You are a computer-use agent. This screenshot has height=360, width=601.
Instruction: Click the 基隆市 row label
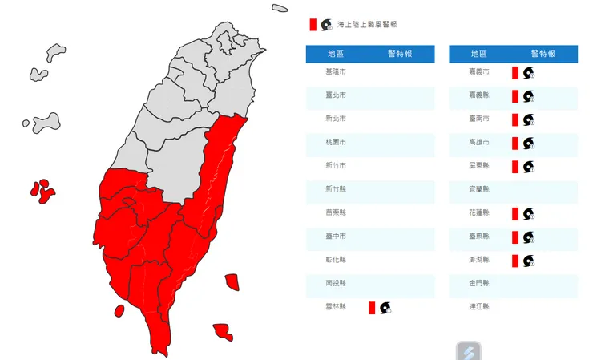[x=337, y=71]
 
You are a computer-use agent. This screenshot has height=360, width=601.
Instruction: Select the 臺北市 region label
[x=337, y=95]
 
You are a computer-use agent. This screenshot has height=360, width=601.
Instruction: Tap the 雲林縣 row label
[x=337, y=307]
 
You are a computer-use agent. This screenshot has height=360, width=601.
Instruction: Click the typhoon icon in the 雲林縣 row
[x=385, y=307]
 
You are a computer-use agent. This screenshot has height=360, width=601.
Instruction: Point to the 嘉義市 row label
[x=478, y=71]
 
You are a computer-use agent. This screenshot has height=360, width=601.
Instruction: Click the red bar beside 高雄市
[x=515, y=143]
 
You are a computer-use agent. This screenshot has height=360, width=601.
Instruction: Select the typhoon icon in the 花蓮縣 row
[x=528, y=213]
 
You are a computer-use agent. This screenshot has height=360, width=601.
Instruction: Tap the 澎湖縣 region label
[x=478, y=261]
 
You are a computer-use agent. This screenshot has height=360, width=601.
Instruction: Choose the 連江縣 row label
[x=478, y=307]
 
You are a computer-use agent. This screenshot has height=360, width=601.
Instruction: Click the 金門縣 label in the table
[x=478, y=284]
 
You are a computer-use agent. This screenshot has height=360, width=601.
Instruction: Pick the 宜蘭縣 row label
[x=478, y=189]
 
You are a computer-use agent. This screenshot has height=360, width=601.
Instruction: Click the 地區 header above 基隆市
[x=337, y=53]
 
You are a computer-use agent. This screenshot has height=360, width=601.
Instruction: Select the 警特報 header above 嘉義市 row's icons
[x=543, y=53]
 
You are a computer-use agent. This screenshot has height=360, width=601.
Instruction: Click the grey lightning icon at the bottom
[x=469, y=351]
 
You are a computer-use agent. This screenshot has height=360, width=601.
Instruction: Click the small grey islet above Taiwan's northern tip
[x=280, y=8]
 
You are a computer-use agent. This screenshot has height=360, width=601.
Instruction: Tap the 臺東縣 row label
[x=478, y=237]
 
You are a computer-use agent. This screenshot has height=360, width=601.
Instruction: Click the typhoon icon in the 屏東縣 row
[x=528, y=167]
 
